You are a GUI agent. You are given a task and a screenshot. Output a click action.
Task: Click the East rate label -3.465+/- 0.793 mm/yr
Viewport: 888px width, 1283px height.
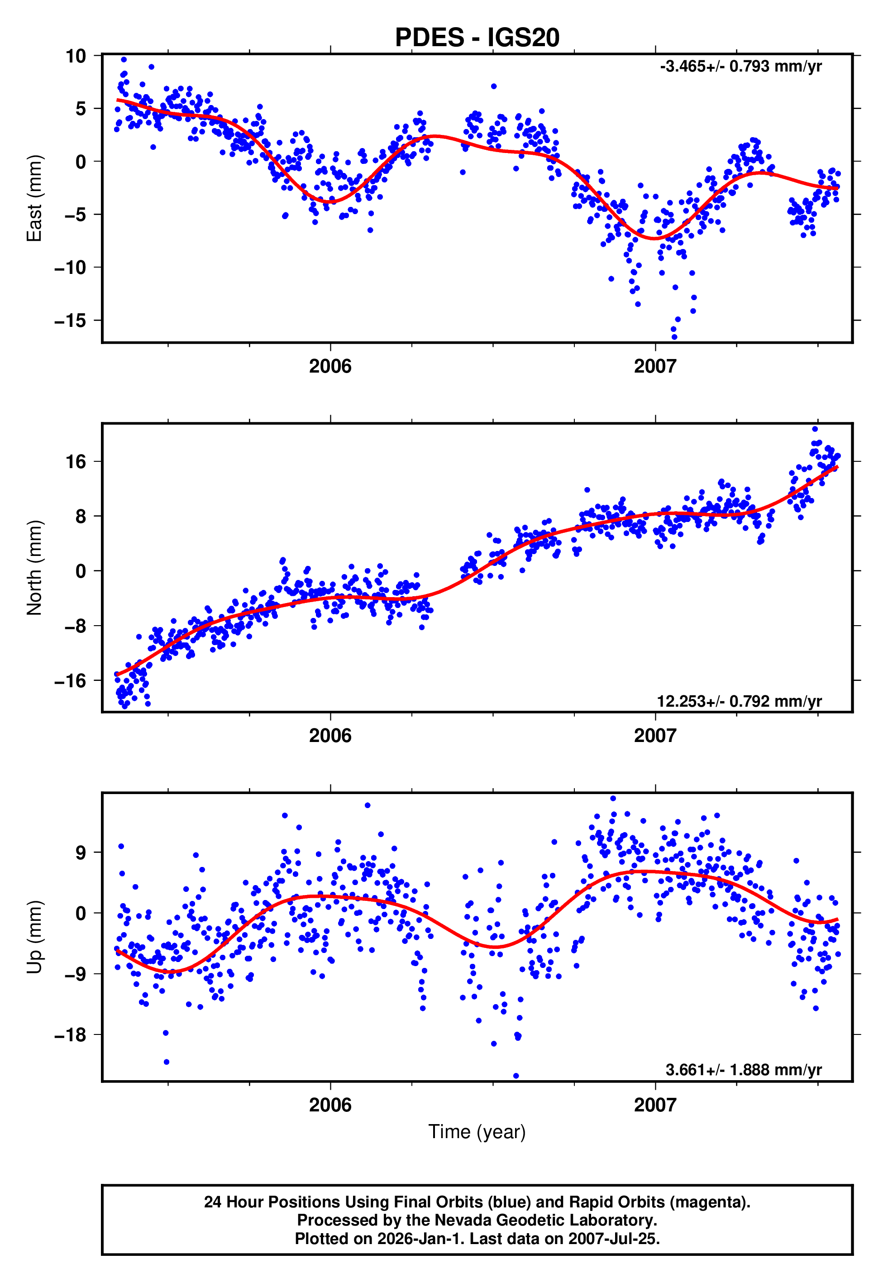(740, 66)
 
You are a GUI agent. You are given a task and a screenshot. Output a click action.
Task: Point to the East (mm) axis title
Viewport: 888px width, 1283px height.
(34, 198)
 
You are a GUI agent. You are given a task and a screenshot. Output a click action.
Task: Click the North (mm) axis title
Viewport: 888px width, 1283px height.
(34, 568)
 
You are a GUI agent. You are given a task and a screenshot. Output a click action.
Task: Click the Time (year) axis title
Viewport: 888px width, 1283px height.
(477, 1132)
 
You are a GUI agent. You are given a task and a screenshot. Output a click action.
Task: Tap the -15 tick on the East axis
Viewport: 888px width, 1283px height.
(70, 321)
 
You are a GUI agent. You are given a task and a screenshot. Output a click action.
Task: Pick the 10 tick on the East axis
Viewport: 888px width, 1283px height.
(76, 56)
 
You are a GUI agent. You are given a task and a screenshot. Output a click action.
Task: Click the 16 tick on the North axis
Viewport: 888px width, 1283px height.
(76, 461)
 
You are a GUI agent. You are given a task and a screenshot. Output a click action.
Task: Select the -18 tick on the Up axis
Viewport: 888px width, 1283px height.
(70, 1035)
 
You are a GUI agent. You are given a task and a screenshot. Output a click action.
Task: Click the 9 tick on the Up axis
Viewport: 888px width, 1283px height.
(81, 852)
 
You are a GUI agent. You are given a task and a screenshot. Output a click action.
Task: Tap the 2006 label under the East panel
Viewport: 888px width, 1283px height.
(330, 366)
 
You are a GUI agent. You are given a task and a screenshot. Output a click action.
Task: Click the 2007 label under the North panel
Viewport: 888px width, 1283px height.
(655, 736)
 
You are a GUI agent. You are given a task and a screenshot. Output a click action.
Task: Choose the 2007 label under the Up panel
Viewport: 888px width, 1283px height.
(655, 1105)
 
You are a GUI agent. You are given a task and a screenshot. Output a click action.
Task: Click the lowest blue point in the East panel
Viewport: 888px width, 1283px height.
(674, 337)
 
